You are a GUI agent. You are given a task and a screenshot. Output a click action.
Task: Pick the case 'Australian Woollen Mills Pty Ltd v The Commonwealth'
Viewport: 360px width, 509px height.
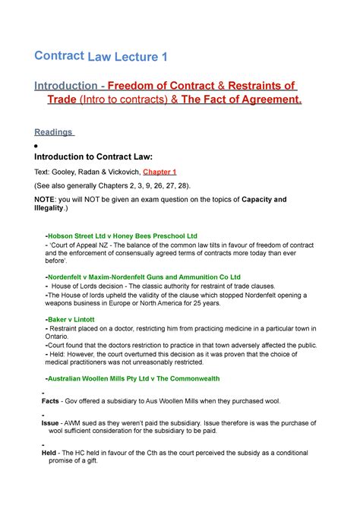pos(141,378)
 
